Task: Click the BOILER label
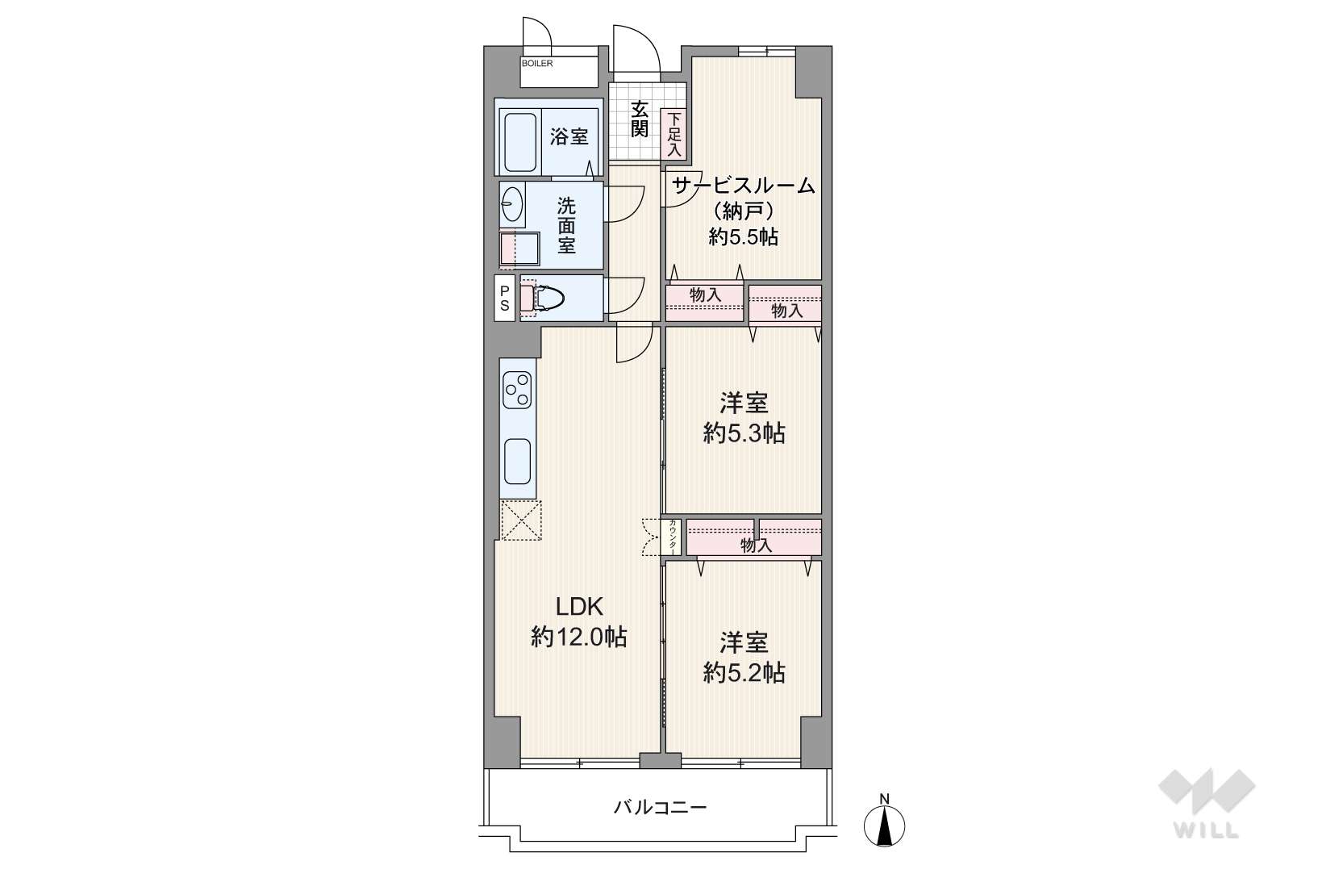pyautogui.click(x=537, y=63)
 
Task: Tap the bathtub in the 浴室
pyautogui.click(x=520, y=142)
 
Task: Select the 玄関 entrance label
pyautogui.click(x=639, y=119)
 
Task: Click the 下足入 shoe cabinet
pyautogui.click(x=674, y=134)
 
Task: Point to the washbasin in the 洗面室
pyautogui.click(x=512, y=204)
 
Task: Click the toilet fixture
pyautogui.click(x=542, y=298)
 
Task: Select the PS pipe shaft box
pyautogui.click(x=505, y=298)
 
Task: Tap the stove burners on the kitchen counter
pyautogui.click(x=517, y=390)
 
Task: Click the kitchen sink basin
pyautogui.click(x=518, y=461)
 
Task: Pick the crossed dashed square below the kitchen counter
pyautogui.click(x=520, y=520)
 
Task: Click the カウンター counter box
pyautogui.click(x=671, y=537)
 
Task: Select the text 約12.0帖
pyautogui.click(x=578, y=637)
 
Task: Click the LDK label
pyautogui.click(x=579, y=606)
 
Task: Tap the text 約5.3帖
pyautogui.click(x=744, y=434)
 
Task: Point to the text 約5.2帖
pyautogui.click(x=744, y=672)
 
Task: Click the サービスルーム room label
pyautogui.click(x=744, y=186)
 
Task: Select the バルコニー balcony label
pyautogui.click(x=661, y=807)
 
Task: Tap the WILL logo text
pyautogui.click(x=1207, y=830)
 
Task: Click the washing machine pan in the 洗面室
pyautogui.click(x=520, y=249)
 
